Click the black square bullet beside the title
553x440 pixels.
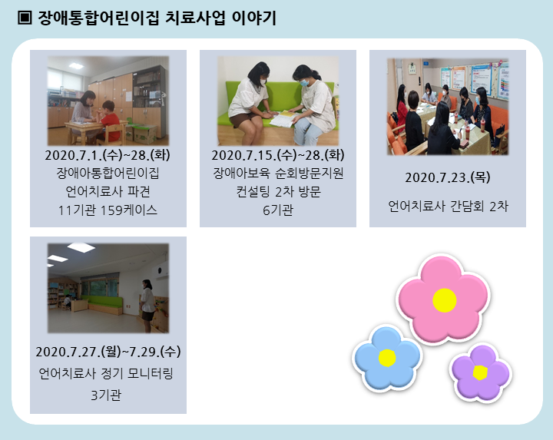pyautogui.click(x=25, y=18)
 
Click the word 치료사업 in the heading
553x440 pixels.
pyautogui.click(x=195, y=18)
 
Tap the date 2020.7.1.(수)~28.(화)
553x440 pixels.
pyautogui.click(x=108, y=155)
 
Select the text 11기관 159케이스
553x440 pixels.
pyautogui.click(x=108, y=210)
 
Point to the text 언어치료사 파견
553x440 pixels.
pyautogui.click(x=108, y=192)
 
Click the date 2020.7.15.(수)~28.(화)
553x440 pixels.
pyautogui.click(x=278, y=155)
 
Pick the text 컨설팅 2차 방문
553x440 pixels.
pyautogui.click(x=278, y=192)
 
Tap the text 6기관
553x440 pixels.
pyautogui.click(x=278, y=210)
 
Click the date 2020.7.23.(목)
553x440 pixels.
pyautogui.click(x=448, y=177)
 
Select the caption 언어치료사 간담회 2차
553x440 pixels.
pyautogui.click(x=448, y=207)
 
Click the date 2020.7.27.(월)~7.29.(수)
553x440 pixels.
pyautogui.click(x=108, y=352)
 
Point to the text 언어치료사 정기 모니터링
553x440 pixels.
pyautogui.click(x=106, y=373)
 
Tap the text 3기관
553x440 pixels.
pyautogui.click(x=106, y=395)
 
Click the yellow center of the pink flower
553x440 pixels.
pyautogui.click(x=445, y=300)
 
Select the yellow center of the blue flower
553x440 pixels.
pyautogui.click(x=387, y=358)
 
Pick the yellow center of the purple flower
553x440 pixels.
pyautogui.click(x=480, y=372)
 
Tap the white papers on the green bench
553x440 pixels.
pyautogui.click(x=281, y=119)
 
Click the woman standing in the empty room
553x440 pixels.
pyautogui.click(x=147, y=306)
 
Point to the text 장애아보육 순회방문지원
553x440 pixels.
pyautogui.click(x=278, y=173)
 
